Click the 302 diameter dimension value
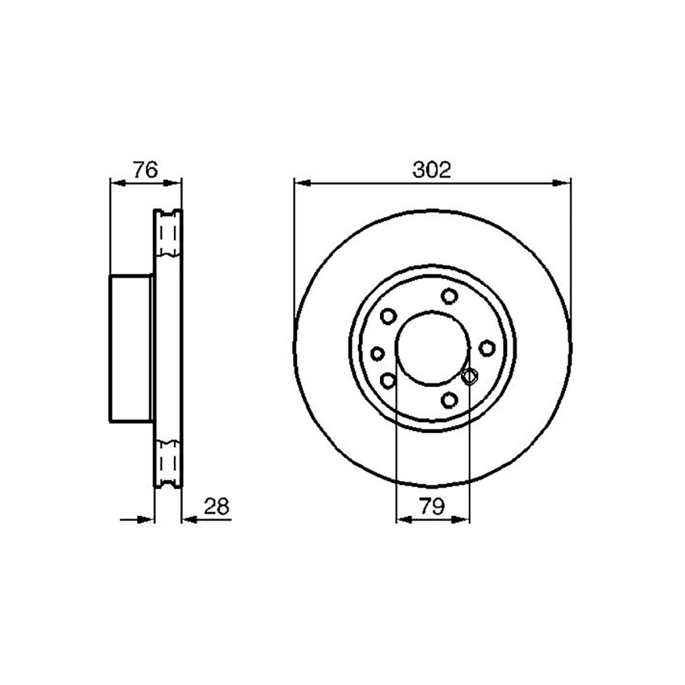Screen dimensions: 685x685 click(432, 170)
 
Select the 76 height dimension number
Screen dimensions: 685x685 click(144, 170)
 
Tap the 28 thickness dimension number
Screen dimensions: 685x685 click(217, 506)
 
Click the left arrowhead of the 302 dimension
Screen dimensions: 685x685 click(302, 181)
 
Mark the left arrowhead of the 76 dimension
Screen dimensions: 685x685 click(117, 181)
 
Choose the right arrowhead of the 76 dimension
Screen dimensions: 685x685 click(174, 181)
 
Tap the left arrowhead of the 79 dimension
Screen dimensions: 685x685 click(403, 518)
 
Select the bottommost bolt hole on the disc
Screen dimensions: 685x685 click(449, 400)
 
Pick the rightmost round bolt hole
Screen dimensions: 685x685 click(487, 347)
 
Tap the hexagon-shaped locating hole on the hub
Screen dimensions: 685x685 click(469, 377)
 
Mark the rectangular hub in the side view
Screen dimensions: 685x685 click(131, 348)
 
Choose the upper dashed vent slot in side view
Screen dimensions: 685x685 click(168, 234)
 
